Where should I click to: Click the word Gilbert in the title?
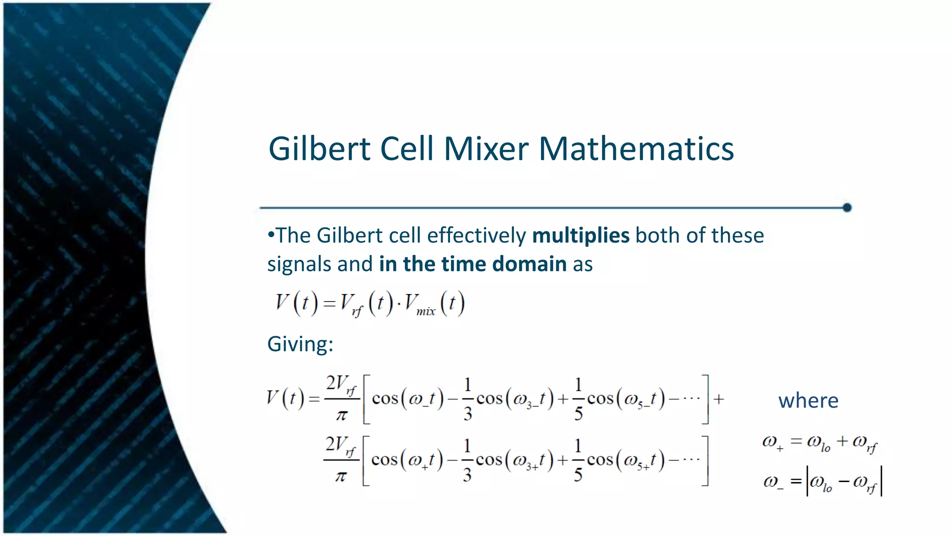coord(320,149)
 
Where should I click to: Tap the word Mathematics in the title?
coord(636,149)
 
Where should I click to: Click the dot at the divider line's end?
coord(847,208)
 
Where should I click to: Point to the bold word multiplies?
coord(581,235)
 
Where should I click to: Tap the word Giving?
coord(300,344)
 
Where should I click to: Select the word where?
coord(808,401)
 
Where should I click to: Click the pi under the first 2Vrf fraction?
coord(342,415)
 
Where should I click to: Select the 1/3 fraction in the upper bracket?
coord(468,399)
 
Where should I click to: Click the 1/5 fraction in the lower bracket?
coord(578,460)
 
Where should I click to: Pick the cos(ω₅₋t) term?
coord(626,399)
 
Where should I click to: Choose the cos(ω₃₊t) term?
coord(515,460)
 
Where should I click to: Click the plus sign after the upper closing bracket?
coord(719,399)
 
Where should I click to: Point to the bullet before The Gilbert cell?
coord(271,234)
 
